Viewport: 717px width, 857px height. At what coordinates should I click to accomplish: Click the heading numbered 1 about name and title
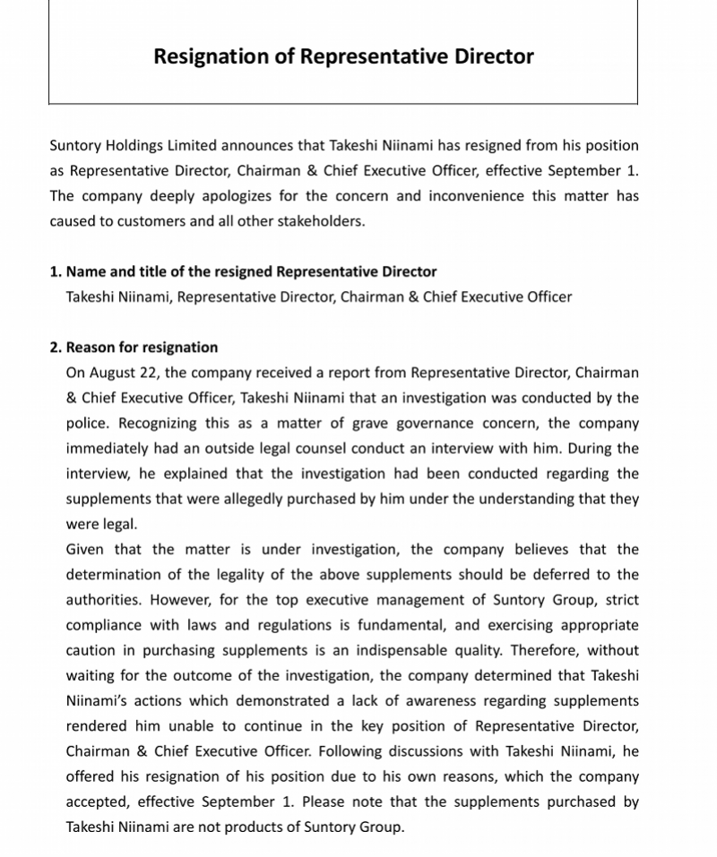coord(243,271)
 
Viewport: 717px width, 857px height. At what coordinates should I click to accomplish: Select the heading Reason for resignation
coord(142,347)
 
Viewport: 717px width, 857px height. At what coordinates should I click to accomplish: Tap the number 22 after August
coord(144,373)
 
